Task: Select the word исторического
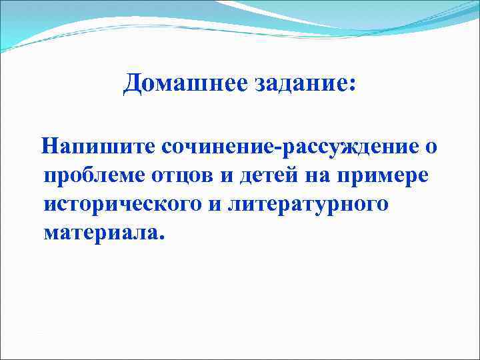[x=123, y=205]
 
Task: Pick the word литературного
[x=307, y=205]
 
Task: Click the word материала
[x=99, y=235]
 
